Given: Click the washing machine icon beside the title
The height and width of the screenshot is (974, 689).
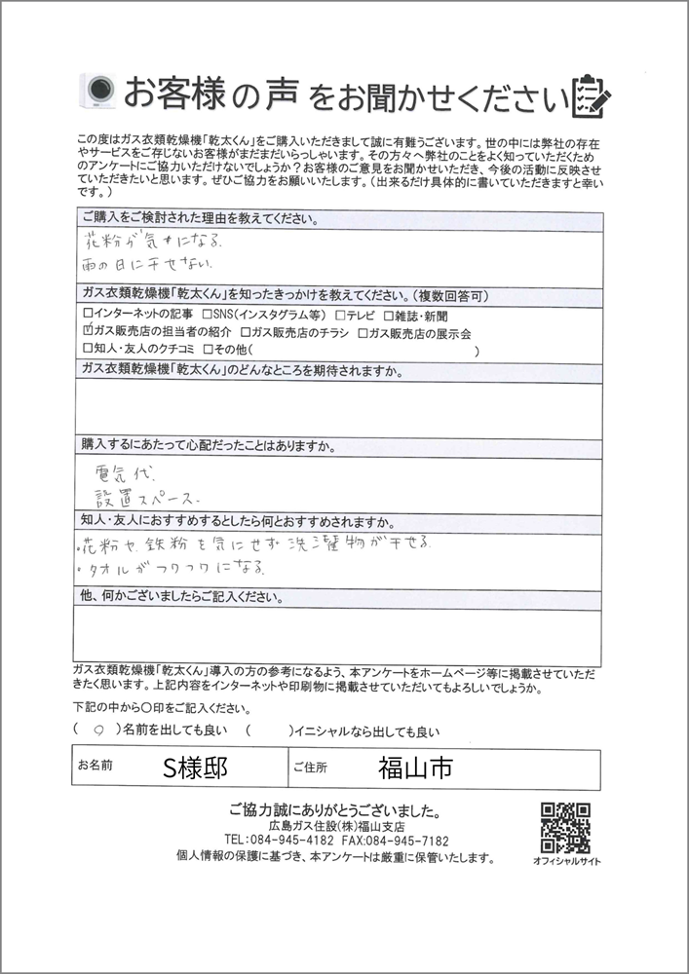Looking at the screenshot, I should (100, 92).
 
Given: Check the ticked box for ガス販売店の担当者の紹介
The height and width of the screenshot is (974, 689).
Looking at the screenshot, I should (89, 331).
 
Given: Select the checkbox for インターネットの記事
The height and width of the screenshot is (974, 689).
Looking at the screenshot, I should (89, 315).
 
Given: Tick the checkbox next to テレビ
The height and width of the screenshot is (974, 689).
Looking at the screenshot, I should (340, 315).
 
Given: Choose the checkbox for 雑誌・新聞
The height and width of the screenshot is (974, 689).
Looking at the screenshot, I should (390, 315).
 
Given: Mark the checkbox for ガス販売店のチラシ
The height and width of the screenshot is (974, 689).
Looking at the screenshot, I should (245, 331).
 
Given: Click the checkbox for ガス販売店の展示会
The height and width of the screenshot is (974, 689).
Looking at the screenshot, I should (362, 331).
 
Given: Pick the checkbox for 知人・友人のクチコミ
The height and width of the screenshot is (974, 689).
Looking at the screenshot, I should (89, 348).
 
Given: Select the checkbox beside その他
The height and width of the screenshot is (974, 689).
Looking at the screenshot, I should (208, 348).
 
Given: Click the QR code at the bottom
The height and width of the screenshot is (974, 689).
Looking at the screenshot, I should (565, 827).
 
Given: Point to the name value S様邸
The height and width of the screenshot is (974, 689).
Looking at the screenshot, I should (196, 768).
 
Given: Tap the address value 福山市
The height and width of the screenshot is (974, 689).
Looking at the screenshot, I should (414, 768).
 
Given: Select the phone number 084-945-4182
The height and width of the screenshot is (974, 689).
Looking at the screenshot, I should (280, 841).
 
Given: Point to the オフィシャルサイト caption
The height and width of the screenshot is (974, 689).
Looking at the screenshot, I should (566, 862).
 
